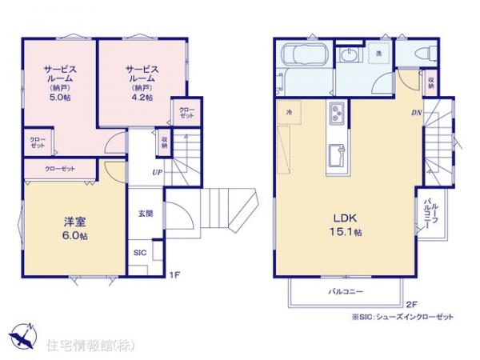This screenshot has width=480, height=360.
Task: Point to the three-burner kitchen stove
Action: [334, 115]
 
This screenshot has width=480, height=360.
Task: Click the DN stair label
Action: [416, 113]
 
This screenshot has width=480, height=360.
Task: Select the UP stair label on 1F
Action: [158, 170]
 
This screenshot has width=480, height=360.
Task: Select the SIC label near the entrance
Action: [139, 252]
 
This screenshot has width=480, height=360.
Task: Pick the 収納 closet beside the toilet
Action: [431, 82]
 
